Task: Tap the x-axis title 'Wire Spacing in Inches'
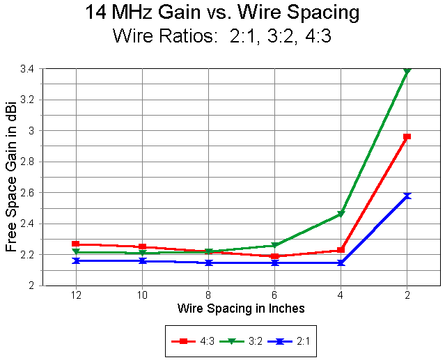pos(241,308)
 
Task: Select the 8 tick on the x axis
pos(209,295)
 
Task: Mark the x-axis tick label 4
pos(341,295)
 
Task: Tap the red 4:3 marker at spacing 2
pos(407,136)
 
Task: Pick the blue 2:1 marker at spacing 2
pos(407,196)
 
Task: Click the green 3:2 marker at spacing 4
pos(341,214)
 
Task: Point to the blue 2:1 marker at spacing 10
pos(143,260)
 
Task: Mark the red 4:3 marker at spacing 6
pos(275,256)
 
